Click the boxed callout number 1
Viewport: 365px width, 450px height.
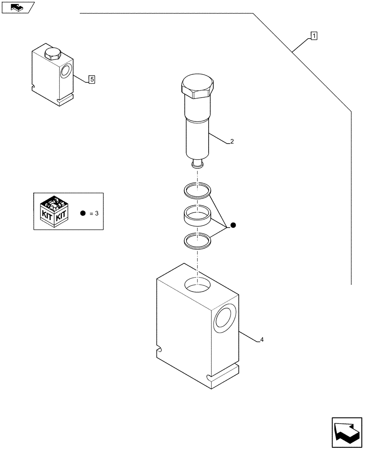(314, 36)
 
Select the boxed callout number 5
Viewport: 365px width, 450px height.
(91, 80)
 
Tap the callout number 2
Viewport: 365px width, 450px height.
(231, 141)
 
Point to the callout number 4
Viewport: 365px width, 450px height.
(262, 339)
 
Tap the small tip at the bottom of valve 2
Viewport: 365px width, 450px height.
(197, 164)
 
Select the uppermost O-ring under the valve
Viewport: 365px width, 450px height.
(197, 189)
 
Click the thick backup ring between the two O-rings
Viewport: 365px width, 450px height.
(197, 215)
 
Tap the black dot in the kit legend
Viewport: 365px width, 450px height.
(83, 213)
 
